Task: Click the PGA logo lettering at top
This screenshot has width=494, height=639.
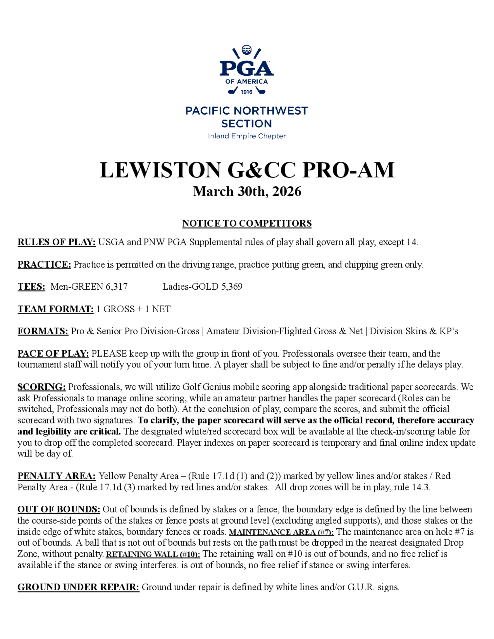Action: point(247,68)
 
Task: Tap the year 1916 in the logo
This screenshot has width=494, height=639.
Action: point(247,92)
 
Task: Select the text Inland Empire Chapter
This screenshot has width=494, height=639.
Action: point(247,136)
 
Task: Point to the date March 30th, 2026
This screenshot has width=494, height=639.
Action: point(247,192)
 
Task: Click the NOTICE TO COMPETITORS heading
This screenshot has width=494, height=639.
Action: point(247,223)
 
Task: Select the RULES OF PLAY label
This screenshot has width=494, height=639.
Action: point(57,242)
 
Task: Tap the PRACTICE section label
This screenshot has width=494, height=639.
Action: point(44,264)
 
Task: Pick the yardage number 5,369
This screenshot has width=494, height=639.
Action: point(231,286)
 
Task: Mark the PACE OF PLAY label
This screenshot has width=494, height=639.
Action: point(53,354)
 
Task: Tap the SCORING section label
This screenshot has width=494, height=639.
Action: point(41,387)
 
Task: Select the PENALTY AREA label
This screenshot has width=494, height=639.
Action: point(57,476)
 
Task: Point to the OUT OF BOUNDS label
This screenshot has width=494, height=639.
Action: point(59,509)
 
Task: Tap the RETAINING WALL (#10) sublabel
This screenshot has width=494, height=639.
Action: point(153,555)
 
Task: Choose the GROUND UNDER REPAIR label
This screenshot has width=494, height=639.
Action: point(78,587)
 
